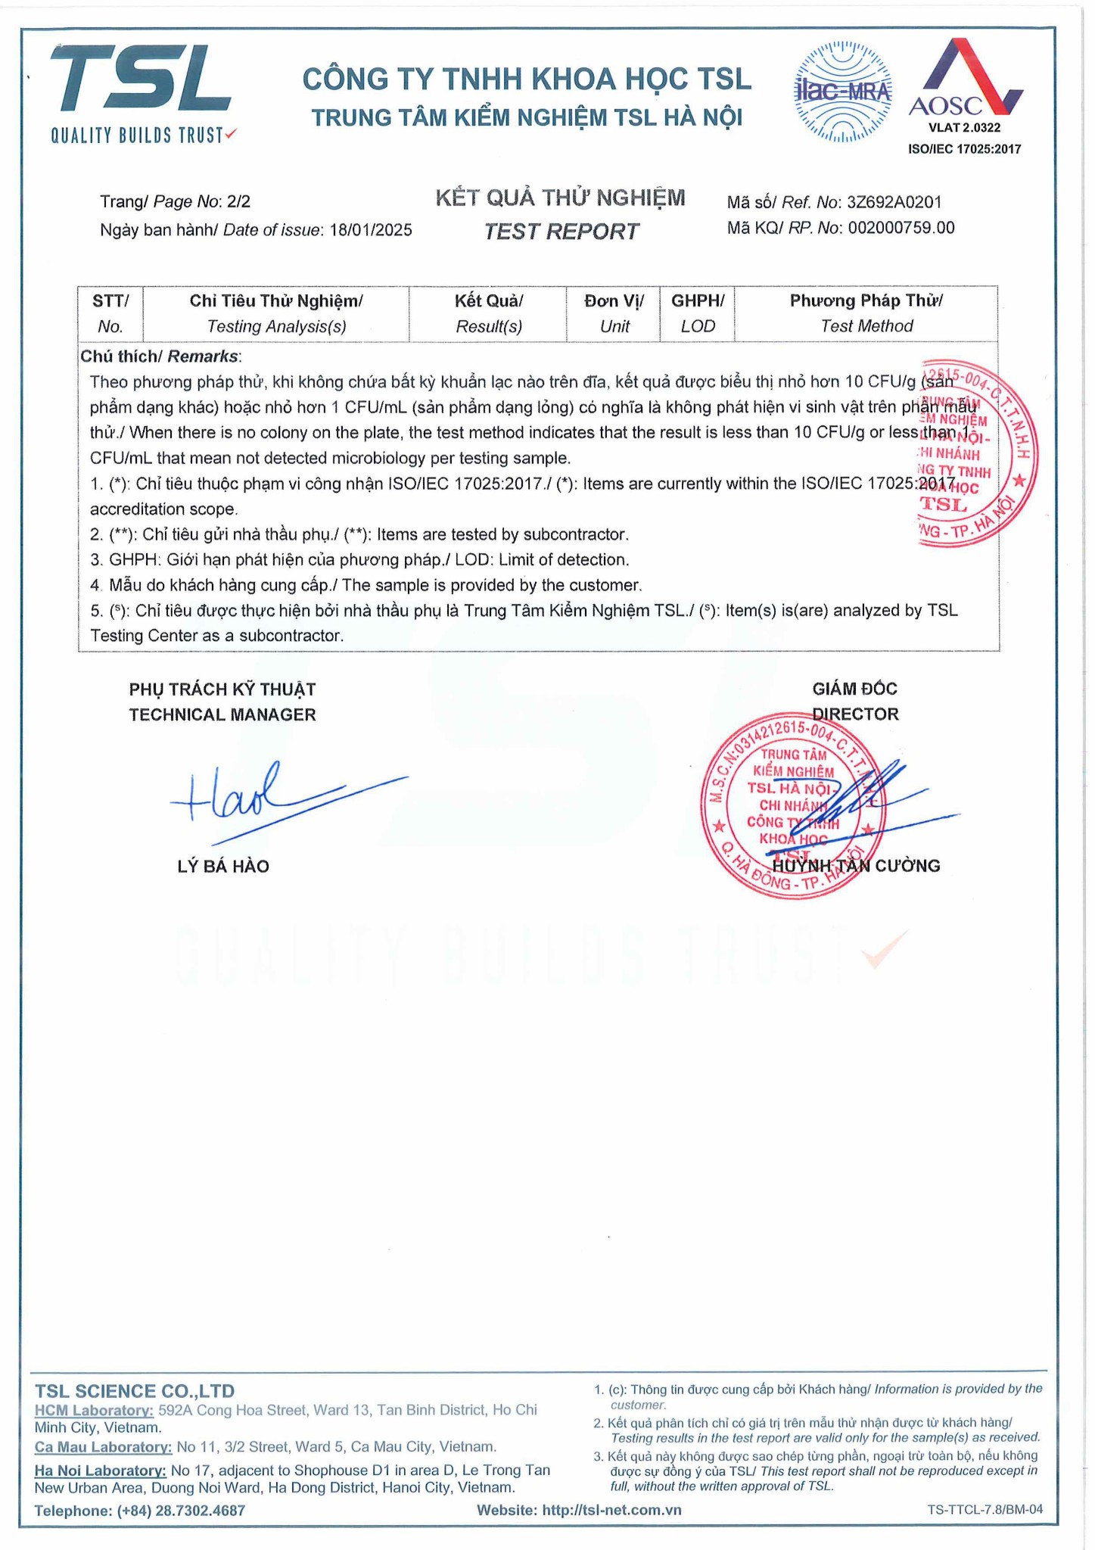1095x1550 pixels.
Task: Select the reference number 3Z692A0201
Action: (x=894, y=202)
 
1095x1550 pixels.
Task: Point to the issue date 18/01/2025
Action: (x=371, y=230)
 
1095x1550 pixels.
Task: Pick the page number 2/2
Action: (x=238, y=201)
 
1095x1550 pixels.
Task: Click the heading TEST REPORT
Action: (x=561, y=232)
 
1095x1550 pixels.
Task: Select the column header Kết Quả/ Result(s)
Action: (x=488, y=313)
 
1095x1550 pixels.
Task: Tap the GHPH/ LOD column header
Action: (x=697, y=313)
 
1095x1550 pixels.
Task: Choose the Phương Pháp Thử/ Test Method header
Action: (x=866, y=313)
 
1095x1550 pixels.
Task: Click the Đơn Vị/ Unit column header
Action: (x=614, y=313)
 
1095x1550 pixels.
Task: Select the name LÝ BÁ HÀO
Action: (x=223, y=867)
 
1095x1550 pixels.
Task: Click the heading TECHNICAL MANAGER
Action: (x=222, y=714)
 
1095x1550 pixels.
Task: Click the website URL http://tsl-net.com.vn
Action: (x=611, y=1510)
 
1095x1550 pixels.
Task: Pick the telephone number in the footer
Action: (x=181, y=1511)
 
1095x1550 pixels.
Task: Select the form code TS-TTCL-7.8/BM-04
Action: (x=985, y=1509)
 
